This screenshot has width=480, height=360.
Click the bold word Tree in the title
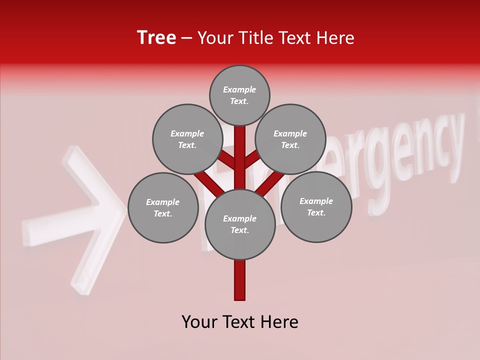(x=156, y=38)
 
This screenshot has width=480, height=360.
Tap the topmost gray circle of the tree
(x=239, y=95)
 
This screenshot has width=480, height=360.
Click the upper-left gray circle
(x=187, y=139)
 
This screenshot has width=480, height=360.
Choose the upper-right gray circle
(x=290, y=139)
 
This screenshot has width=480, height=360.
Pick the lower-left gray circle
(x=163, y=208)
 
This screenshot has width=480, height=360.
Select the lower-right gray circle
(x=316, y=207)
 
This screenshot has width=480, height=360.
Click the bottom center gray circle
(x=240, y=224)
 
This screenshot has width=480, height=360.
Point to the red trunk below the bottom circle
(x=240, y=280)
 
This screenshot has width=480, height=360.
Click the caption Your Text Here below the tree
(x=240, y=322)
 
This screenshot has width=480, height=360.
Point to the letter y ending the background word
(x=452, y=145)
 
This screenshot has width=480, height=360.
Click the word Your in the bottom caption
(x=199, y=322)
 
